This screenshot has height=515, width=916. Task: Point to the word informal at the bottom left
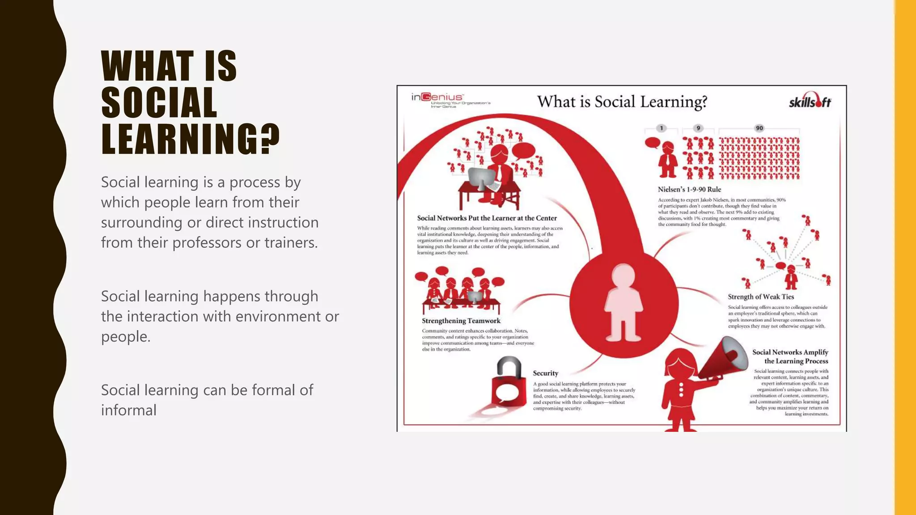pos(129,410)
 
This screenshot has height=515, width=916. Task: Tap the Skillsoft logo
pos(810,101)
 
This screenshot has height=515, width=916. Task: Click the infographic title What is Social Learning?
pos(622,101)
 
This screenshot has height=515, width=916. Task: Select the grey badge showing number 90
pos(759,128)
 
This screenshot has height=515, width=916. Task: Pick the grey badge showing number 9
pos(698,128)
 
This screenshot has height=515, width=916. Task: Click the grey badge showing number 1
pos(662,128)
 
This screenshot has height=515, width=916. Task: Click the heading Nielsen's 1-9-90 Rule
pos(689,189)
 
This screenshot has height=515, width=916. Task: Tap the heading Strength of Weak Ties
pos(761,296)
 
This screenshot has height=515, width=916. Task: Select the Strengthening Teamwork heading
pos(461,321)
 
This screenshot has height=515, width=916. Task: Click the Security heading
pos(545,373)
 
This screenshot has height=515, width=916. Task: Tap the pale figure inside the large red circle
pos(623,302)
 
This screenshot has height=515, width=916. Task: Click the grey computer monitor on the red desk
pos(481,178)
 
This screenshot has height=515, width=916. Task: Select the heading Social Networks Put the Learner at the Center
pos(487,218)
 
